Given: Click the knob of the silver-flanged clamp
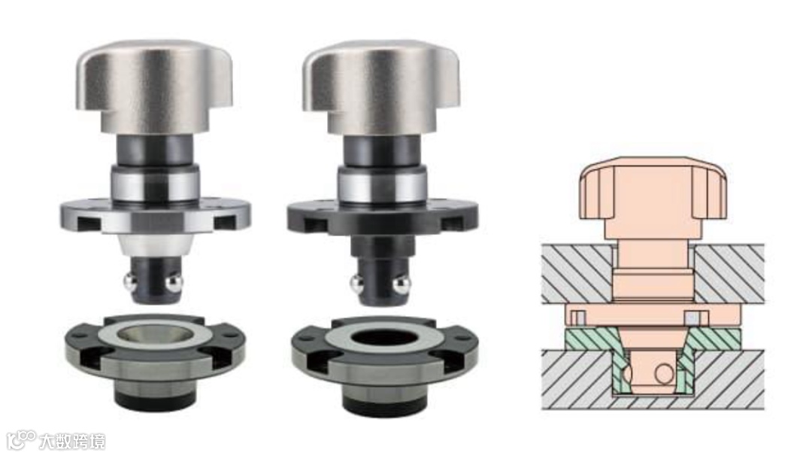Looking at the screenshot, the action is tap(154, 86).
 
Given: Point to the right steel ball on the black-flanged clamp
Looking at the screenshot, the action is tap(401, 285).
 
